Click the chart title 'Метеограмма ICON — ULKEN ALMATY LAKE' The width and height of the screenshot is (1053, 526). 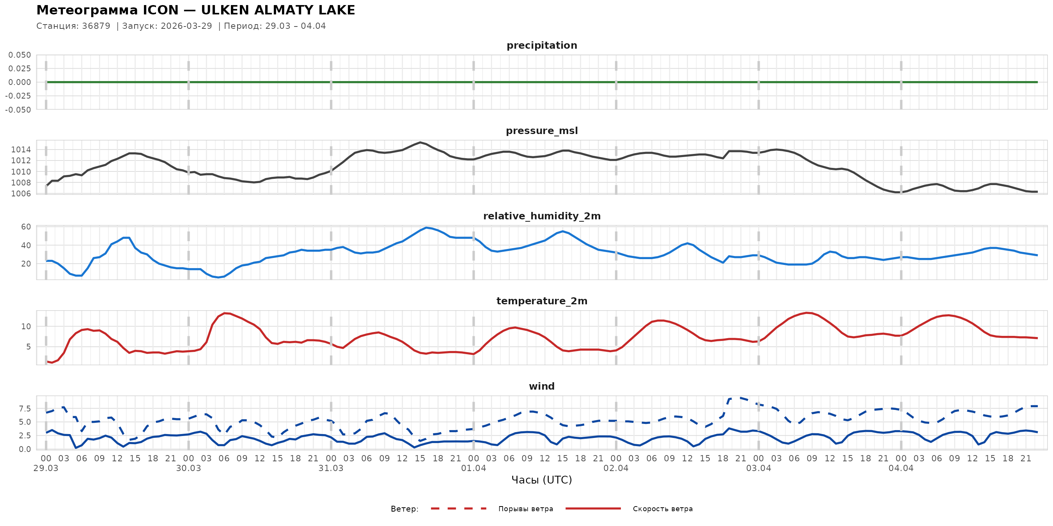pyautogui.click(x=195, y=10)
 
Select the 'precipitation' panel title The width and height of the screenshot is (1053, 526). pyautogui.click(x=542, y=45)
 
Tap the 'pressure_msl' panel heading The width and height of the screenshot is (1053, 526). pyautogui.click(x=542, y=131)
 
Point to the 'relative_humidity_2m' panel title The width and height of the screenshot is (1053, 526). pyautogui.click(x=542, y=216)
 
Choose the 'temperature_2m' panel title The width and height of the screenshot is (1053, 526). pyautogui.click(x=542, y=301)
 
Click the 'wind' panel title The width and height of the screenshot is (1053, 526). pyautogui.click(x=542, y=387)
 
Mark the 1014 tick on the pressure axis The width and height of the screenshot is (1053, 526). pyautogui.click(x=21, y=150)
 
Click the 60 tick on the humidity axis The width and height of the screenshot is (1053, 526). pyautogui.click(x=26, y=227)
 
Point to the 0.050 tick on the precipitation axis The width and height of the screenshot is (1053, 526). pyautogui.click(x=19, y=55)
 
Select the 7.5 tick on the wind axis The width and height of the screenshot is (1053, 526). pyautogui.click(x=24, y=409)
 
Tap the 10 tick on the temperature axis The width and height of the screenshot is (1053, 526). pyautogui.click(x=26, y=326)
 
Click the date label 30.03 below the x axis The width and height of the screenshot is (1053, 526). pyautogui.click(x=188, y=468)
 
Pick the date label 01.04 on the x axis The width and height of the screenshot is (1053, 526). pyautogui.click(x=473, y=468)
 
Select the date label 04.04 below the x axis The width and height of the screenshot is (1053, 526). pyautogui.click(x=901, y=468)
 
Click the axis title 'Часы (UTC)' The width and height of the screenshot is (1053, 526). pyautogui.click(x=542, y=480)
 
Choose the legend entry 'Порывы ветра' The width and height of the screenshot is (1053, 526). pyautogui.click(x=525, y=509)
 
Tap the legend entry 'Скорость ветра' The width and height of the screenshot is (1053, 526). pyautogui.click(x=662, y=509)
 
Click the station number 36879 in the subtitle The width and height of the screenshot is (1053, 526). pyautogui.click(x=96, y=26)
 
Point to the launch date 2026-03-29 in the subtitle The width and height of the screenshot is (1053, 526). pyautogui.click(x=186, y=26)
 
